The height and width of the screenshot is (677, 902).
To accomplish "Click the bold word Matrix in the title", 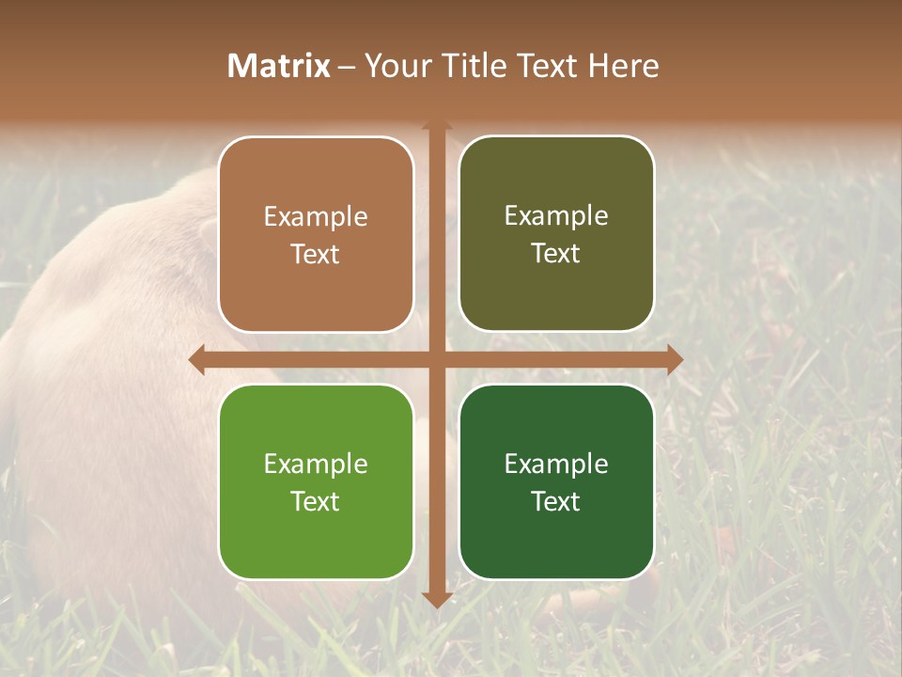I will tap(279, 66).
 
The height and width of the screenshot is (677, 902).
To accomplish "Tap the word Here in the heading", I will tap(624, 66).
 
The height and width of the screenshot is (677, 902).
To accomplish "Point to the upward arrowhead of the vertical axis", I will tap(436, 126).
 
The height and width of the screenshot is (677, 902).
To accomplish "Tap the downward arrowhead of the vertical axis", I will tap(436, 599).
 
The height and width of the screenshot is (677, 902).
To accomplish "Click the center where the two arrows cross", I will tap(436, 359).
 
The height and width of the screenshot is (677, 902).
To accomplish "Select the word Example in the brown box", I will tap(316, 217).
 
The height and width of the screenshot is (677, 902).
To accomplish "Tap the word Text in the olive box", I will tap(556, 254).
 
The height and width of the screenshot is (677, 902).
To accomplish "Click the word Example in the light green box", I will tap(316, 464).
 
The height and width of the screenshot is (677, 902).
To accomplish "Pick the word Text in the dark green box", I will tap(556, 502).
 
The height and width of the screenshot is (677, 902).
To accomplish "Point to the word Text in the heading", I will tap(545, 66).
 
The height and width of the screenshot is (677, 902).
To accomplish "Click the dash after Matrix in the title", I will tap(346, 67).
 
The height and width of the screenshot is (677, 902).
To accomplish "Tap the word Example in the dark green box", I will tap(556, 464).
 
